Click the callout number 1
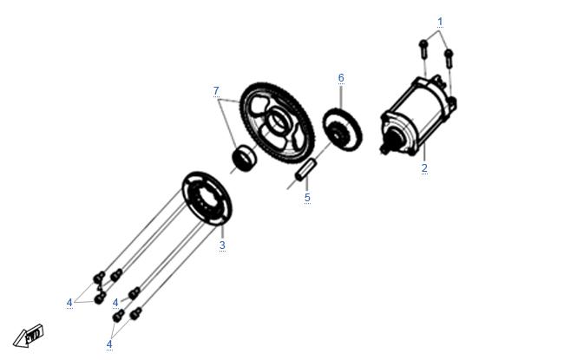(x=440, y=22)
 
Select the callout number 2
(x=424, y=168)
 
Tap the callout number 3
(x=222, y=245)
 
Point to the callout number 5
(x=307, y=198)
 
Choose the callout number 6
(x=341, y=78)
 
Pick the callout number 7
(x=216, y=91)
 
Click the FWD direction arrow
(x=29, y=336)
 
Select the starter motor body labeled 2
(x=419, y=115)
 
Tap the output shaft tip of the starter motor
(x=384, y=149)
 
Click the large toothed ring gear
(x=278, y=123)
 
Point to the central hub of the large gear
(x=277, y=120)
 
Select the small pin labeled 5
(x=305, y=169)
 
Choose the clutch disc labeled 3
(x=207, y=199)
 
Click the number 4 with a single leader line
(x=115, y=303)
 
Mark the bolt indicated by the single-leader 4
(x=134, y=293)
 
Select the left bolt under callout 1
(x=423, y=49)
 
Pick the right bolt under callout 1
(x=449, y=58)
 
